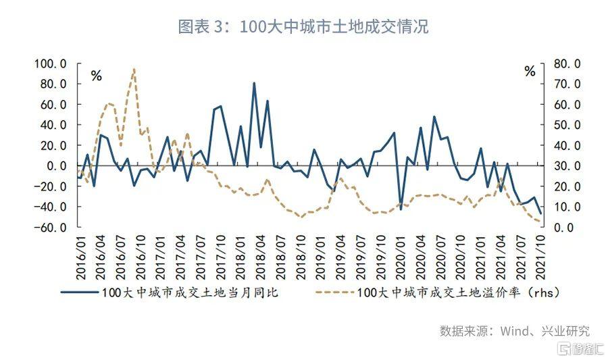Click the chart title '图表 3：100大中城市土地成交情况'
(x=303, y=27)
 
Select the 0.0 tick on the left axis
(x=54, y=166)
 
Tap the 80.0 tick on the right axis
(x=565, y=63)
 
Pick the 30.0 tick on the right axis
(x=565, y=166)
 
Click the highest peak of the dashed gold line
(x=134, y=68)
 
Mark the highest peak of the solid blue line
(x=254, y=83)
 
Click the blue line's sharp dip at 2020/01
(x=401, y=209)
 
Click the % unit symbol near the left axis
(x=96, y=76)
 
